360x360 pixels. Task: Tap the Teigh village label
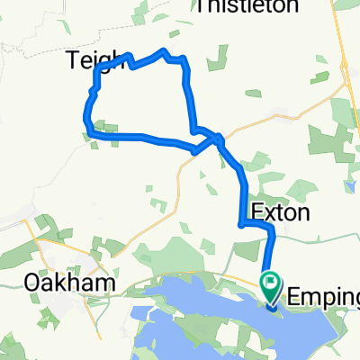(x=93, y=60)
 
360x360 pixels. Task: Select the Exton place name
(x=281, y=213)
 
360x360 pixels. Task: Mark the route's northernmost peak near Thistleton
(x=163, y=50)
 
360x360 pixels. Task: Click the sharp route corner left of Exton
(x=239, y=224)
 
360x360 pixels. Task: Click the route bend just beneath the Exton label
(x=270, y=232)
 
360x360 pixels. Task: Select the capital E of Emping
(x=292, y=293)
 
